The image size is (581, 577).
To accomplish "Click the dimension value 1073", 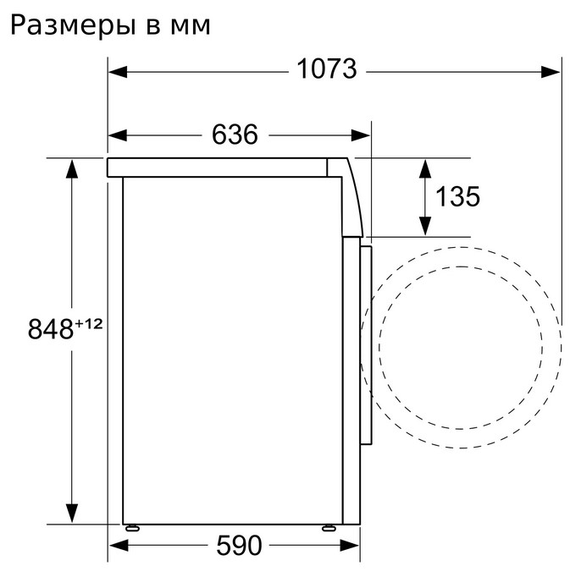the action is point(327,69).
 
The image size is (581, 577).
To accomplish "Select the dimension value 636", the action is point(235,135).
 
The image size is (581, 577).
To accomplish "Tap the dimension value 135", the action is point(457,196).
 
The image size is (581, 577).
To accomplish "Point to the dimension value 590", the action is point(239,545).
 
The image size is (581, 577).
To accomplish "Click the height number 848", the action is point(51,329).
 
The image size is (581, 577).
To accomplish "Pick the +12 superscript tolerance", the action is point(89,324).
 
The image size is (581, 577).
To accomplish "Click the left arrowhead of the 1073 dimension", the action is point(118,72).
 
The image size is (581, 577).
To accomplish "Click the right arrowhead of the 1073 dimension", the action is point(551,72).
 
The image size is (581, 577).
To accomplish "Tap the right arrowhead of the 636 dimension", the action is point(361,135).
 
